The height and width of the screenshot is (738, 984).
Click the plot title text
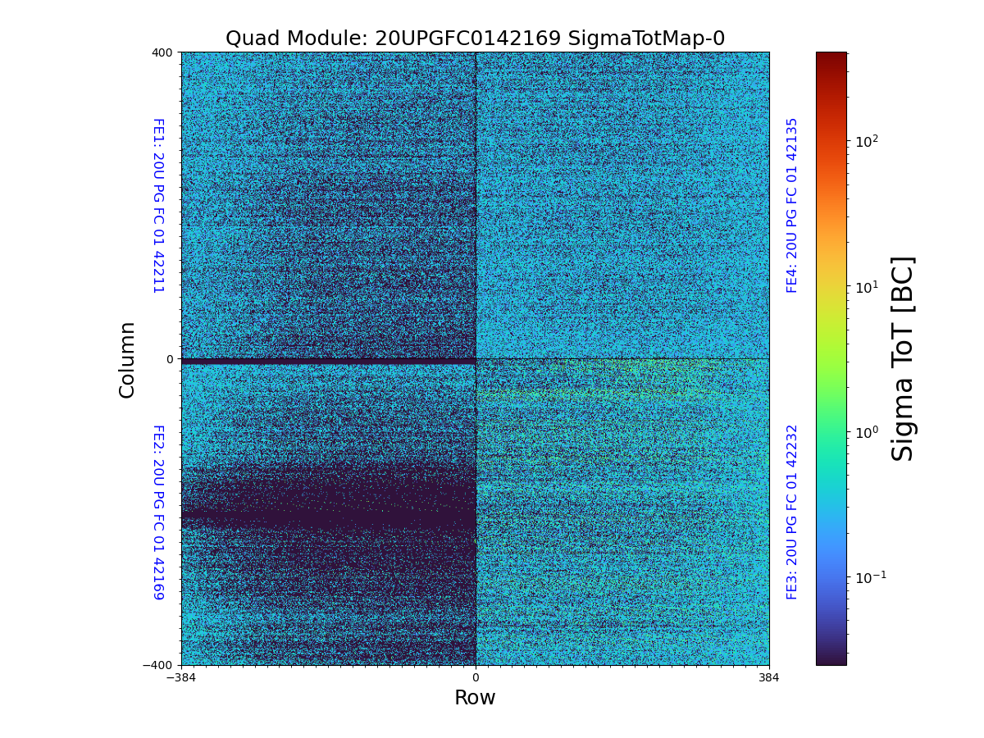coord(475,39)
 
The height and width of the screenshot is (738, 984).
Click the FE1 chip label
coord(158,205)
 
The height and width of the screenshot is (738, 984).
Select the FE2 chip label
coord(158,512)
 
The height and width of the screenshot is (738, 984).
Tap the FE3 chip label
coord(792,512)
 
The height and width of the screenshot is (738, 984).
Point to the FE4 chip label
coord(792,205)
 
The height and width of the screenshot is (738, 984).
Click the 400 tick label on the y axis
coord(163,52)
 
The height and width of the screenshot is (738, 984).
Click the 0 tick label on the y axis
coord(170,359)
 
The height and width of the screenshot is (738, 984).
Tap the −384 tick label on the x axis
coord(181,678)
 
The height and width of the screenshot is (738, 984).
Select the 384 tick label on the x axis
coord(769,678)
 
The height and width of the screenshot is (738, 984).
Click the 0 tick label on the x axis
coord(476,678)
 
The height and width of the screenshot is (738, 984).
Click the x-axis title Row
coord(475,698)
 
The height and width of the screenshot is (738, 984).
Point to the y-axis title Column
coord(127,359)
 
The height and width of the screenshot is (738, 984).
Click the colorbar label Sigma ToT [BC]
coord(903,358)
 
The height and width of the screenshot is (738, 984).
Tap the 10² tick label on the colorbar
coord(868,141)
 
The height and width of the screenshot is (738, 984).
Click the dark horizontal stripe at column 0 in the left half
coord(328,361)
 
